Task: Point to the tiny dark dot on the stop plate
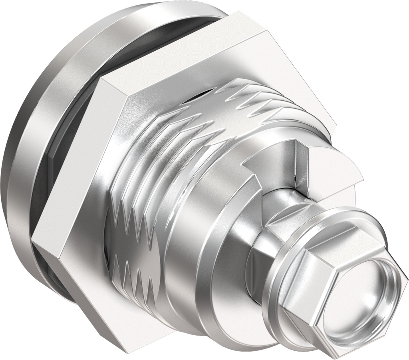click(x=294, y=178)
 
